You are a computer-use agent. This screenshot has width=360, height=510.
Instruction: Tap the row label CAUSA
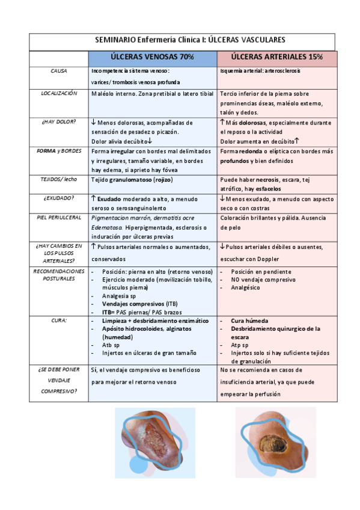59,70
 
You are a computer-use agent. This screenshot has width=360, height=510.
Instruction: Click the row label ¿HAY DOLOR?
59,121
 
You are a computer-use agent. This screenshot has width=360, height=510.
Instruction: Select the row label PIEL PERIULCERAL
59,217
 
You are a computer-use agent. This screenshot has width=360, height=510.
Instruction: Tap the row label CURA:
59,321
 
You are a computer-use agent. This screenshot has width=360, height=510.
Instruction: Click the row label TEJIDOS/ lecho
59,179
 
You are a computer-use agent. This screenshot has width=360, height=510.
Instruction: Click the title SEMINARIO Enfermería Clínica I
190,40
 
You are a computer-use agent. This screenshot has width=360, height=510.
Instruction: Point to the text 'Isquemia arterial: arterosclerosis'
261,70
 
